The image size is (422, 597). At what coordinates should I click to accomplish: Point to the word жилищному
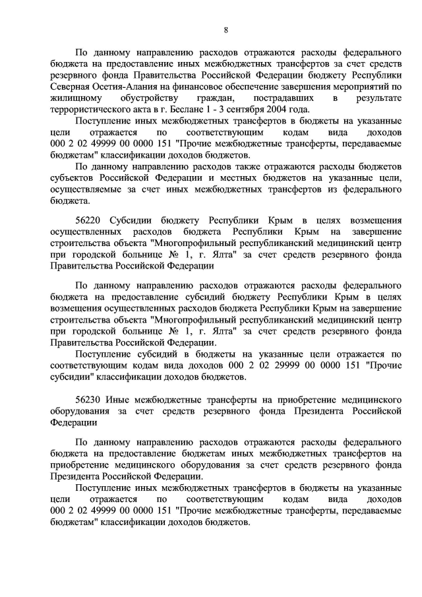73,98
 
